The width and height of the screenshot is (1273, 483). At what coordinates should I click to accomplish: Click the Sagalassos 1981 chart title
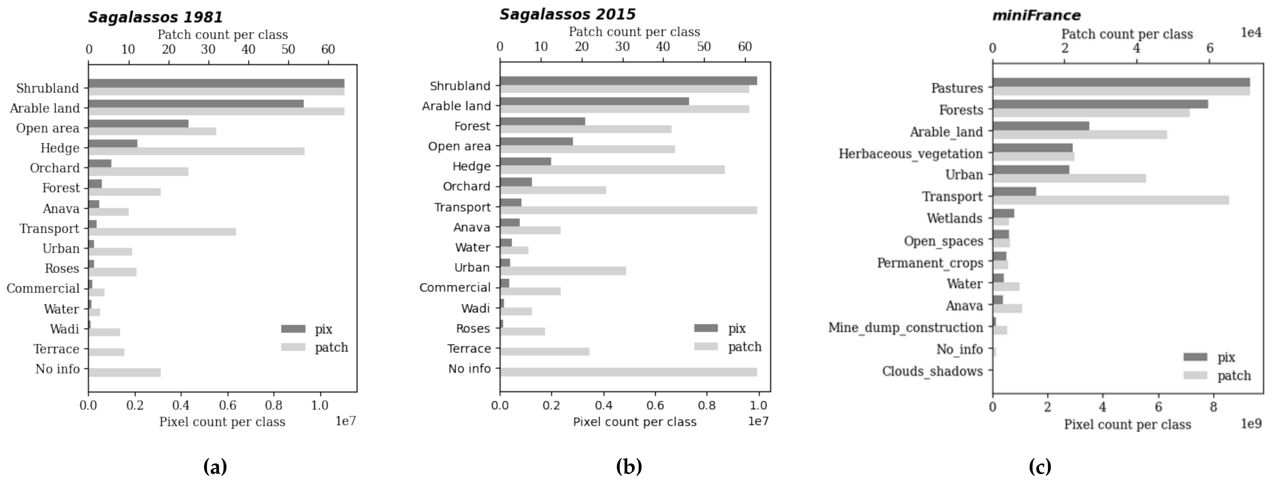pos(155,17)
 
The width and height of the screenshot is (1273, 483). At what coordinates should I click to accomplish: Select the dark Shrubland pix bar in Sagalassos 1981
pos(216,84)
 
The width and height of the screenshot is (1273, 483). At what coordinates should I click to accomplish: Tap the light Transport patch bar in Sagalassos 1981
pos(162,232)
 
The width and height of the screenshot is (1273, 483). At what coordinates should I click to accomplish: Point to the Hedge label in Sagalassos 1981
pos(60,148)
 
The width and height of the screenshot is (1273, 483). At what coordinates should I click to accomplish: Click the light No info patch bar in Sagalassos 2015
pos(628,372)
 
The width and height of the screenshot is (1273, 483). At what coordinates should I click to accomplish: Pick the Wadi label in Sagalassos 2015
pos(475,308)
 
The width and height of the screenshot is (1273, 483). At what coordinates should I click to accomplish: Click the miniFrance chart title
pos(1036,16)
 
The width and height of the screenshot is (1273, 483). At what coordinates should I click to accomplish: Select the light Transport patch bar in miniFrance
pos(1110,200)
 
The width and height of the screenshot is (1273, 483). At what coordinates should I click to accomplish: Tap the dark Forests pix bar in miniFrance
pos(1100,104)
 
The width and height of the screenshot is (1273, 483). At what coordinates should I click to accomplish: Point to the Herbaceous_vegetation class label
pos(910,154)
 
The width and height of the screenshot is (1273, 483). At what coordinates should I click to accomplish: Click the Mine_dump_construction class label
pos(905,327)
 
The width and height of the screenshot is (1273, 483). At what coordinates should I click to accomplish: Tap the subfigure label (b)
pos(628,466)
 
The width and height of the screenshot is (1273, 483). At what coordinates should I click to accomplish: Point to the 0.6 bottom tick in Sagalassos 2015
pos(655,406)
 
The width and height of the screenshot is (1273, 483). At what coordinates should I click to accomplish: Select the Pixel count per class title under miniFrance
pos(1127,424)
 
